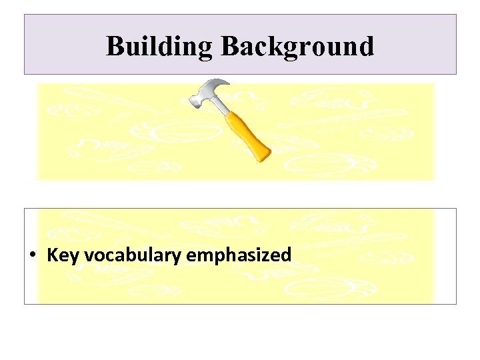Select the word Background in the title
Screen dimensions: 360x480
(297, 47)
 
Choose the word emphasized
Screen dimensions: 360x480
(239, 255)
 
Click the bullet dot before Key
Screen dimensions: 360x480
(32, 256)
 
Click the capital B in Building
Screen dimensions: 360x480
(115, 47)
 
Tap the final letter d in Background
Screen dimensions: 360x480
(365, 47)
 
